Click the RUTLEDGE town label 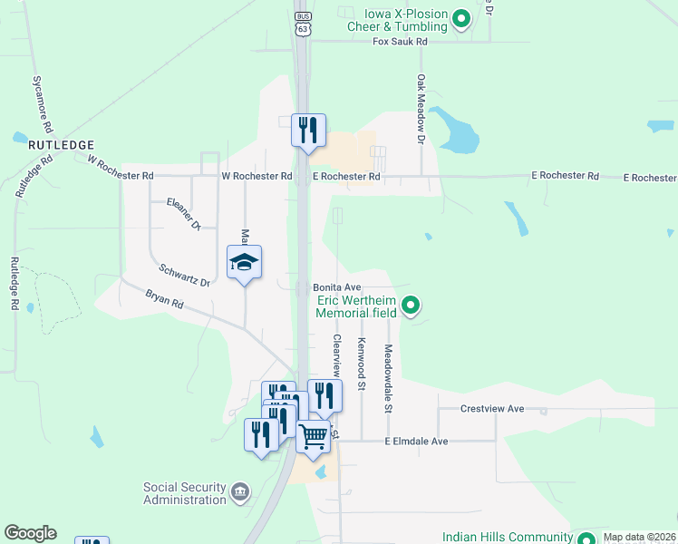[x=61, y=144]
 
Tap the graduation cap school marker [x=244, y=263]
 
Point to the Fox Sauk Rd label [x=400, y=42]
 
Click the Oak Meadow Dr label [x=421, y=110]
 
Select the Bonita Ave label [x=337, y=287]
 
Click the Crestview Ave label [x=492, y=409]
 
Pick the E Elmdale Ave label [x=416, y=442]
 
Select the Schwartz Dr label [x=184, y=276]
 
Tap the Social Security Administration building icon [x=239, y=492]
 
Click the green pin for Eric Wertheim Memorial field [x=411, y=306]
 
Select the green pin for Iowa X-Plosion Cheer [x=461, y=18]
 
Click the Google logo [x=30, y=533]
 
